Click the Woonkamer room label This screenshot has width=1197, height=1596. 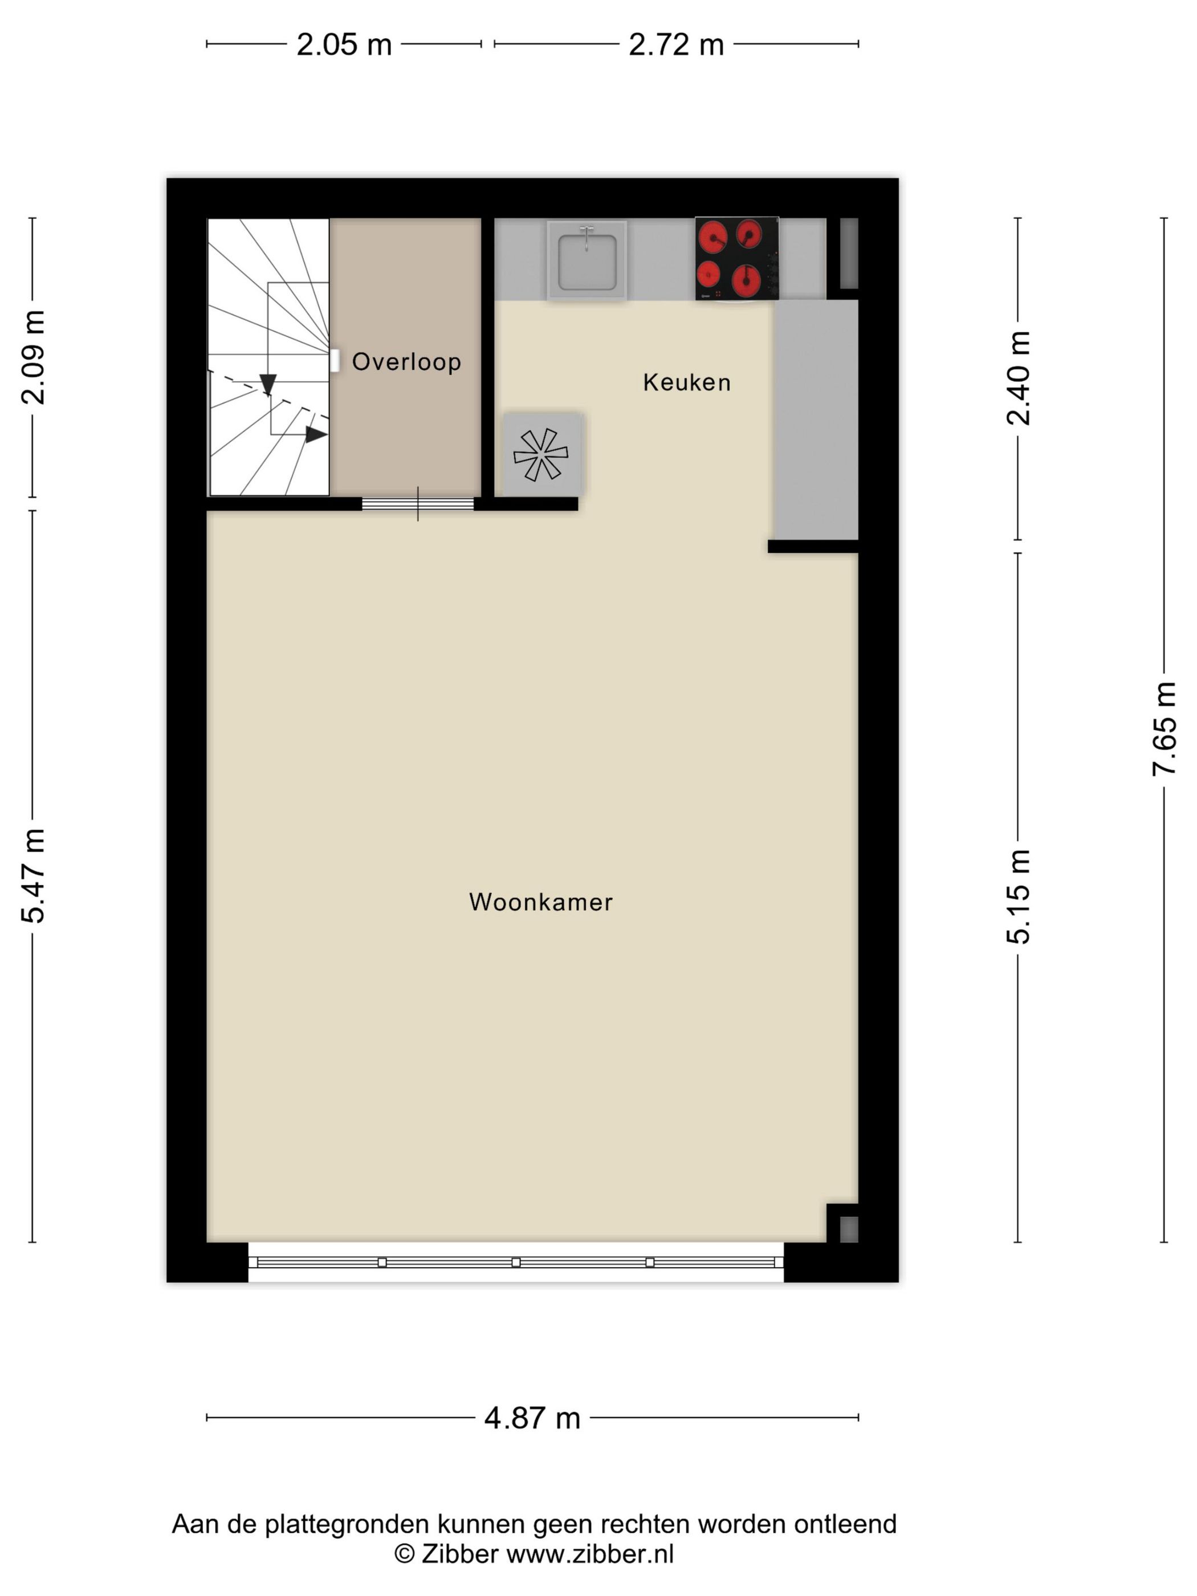tap(540, 902)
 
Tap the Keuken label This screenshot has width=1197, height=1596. tap(687, 382)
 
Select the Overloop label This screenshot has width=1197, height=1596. tap(406, 361)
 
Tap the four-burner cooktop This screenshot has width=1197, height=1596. tap(736, 259)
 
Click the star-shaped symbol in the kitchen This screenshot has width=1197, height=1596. tap(540, 454)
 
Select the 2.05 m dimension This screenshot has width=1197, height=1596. tap(344, 44)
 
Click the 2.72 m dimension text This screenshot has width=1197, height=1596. tap(676, 44)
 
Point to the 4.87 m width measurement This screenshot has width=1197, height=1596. tap(532, 1418)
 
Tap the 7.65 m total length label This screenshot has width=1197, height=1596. tap(1164, 728)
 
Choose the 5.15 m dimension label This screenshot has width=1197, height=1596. tap(1018, 897)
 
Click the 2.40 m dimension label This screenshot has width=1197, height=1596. tap(1018, 378)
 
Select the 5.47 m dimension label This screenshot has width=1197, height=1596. tap(32, 876)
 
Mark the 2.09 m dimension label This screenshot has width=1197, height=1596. tap(32, 357)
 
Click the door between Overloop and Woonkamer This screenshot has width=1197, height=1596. tap(418, 504)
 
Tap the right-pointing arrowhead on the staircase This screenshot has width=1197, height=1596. tap(316, 434)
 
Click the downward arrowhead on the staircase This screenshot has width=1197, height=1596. tap(268, 385)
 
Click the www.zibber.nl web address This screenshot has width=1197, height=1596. tap(590, 1553)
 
